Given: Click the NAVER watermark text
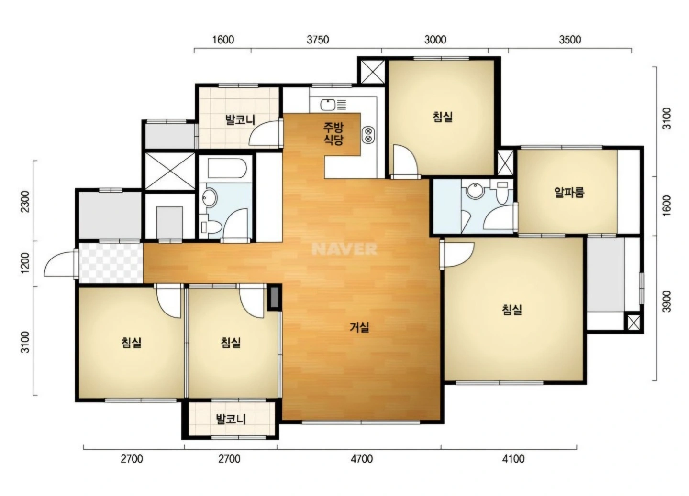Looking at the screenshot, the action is pos(344,249).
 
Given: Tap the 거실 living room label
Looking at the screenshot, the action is pos(359,327).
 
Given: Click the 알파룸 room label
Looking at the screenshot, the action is pos(569,192).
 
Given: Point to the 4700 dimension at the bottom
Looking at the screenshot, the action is pos(362,459).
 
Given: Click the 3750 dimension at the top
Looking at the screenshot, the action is pos(318,40).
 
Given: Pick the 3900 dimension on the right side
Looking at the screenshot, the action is pos(667,302).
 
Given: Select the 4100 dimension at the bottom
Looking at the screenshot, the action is pos(513,459).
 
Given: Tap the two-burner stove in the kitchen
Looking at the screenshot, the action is pos(368,135).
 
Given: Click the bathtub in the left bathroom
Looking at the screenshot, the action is pos(227,168).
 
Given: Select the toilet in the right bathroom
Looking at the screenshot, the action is pos(502,193).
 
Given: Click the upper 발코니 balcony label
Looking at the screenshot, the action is pos(240,119).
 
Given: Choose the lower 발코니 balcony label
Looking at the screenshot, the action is pos(231,419).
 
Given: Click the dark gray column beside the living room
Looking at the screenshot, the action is pos(274,298).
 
